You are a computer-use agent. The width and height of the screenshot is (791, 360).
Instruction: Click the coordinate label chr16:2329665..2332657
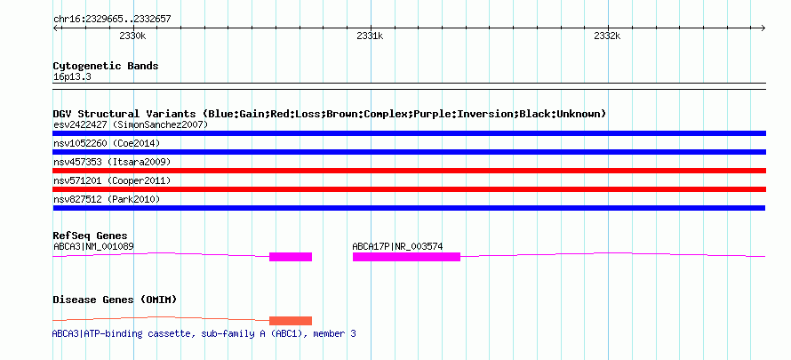pos(112,20)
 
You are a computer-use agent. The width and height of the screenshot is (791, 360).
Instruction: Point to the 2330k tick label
pos(132,36)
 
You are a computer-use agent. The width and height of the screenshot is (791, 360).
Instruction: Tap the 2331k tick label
pos(370,36)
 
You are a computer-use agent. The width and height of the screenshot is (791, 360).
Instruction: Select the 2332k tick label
pos(607,36)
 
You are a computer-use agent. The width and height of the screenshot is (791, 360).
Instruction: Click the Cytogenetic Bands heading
pos(106,66)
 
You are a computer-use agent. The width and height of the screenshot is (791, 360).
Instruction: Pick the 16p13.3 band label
pos(72,77)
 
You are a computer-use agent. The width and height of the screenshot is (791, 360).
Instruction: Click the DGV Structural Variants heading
pos(330,114)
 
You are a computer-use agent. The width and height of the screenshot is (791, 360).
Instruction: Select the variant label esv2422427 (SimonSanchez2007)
pos(131,124)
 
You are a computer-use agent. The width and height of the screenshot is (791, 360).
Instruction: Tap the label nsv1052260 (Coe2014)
pos(107,143)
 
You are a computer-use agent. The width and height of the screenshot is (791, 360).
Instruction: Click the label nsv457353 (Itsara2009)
pos(112,162)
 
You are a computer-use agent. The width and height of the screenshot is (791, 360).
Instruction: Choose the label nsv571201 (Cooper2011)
pos(112,180)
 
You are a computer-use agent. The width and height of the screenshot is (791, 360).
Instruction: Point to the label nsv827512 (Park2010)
pos(107,200)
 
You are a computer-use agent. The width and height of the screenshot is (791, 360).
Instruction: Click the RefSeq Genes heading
pos(91,236)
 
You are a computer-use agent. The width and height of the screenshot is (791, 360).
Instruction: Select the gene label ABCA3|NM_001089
pos(94,246)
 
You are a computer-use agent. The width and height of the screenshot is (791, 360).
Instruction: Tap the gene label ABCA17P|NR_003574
pos(397,246)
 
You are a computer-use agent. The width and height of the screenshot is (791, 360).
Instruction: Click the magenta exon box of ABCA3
pos(291,257)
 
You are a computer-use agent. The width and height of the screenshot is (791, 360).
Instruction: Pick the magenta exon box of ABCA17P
pos(406,257)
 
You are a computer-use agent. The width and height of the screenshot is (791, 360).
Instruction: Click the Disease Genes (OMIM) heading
pos(115,300)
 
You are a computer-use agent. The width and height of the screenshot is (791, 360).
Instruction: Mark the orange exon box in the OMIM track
pos(291,321)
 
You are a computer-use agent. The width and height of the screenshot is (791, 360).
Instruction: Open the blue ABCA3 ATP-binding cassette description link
pos(204,334)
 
